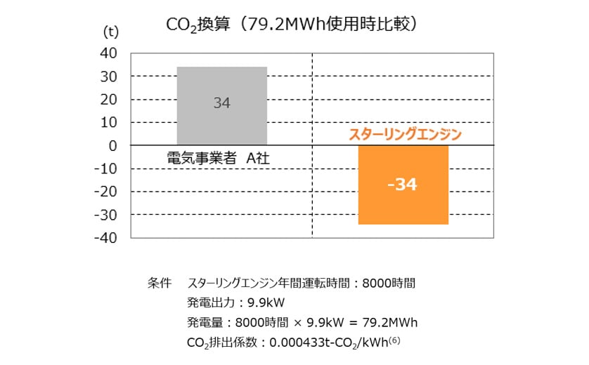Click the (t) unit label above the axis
[x=112, y=31]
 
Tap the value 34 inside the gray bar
[x=221, y=103]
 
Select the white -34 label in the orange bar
[x=402, y=185]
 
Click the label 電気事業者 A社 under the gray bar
[x=219, y=159]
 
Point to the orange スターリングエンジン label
[x=405, y=134]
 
